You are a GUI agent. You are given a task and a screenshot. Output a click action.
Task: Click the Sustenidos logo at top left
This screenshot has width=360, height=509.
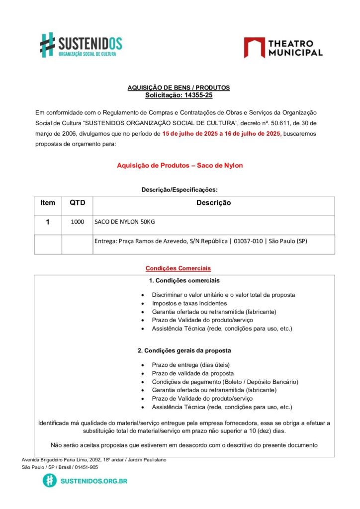click(x=81, y=44)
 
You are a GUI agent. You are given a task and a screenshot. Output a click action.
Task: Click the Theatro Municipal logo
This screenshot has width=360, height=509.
click(x=283, y=48)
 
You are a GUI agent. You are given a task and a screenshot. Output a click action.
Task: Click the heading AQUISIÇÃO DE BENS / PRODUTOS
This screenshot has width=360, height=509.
click(x=179, y=87)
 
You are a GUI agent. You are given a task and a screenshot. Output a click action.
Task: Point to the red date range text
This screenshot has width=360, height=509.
click(x=222, y=134)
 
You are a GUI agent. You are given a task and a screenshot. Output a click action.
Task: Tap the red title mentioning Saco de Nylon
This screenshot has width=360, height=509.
click(x=180, y=165)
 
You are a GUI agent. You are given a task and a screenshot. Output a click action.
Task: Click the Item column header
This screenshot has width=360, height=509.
click(x=48, y=203)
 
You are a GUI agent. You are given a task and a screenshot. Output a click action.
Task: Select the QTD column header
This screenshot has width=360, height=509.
click(x=77, y=203)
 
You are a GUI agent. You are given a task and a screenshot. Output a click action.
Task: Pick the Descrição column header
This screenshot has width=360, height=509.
click(x=213, y=203)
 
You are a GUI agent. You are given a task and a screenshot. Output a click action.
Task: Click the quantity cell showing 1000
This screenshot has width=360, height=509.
click(x=77, y=222)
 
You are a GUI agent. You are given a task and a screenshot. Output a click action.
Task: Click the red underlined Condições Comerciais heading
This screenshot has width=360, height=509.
click(x=178, y=268)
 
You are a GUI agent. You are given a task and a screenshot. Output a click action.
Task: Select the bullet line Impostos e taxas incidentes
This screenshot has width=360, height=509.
click(x=189, y=303)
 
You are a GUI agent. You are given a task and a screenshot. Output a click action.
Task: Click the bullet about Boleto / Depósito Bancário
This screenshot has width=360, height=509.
click(x=225, y=382)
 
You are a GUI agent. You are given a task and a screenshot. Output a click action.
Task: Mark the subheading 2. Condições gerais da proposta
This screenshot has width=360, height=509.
click(x=184, y=350)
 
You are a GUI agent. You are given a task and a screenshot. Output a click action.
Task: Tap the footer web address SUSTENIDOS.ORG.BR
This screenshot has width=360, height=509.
click(x=93, y=481)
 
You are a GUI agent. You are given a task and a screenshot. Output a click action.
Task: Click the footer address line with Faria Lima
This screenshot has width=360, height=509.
click(x=94, y=460)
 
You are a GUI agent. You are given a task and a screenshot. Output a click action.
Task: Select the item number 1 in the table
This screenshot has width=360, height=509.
click(x=48, y=222)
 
